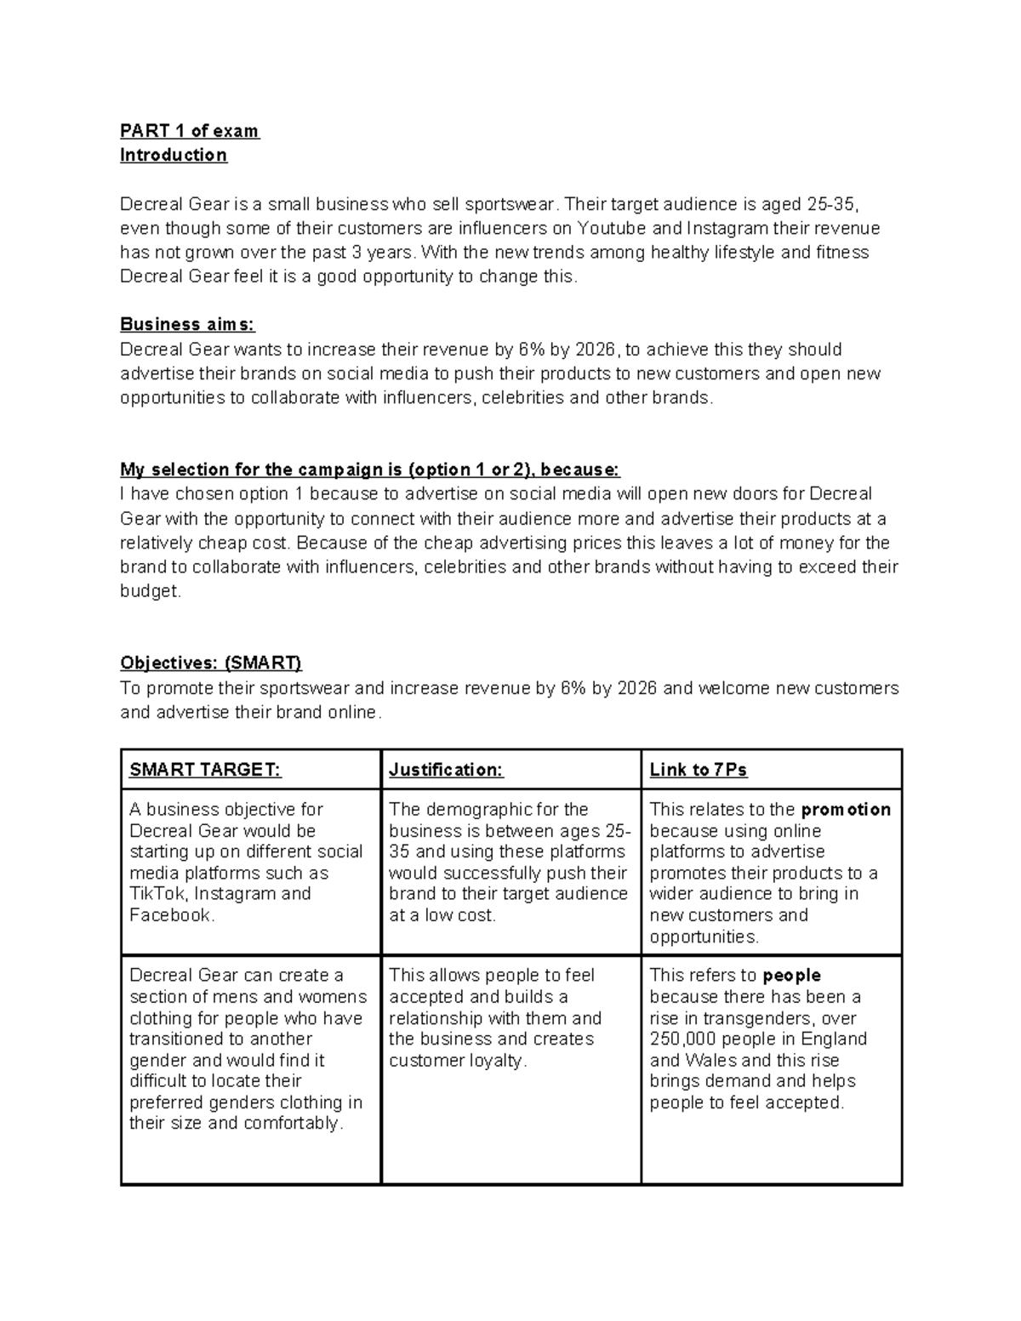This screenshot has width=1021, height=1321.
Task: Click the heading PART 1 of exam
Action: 189,131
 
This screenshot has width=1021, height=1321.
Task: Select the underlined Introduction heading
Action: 174,155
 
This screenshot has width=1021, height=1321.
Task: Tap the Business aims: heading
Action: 187,324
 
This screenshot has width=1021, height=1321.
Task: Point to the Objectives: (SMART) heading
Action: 211,663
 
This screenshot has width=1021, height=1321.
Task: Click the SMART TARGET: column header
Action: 204,770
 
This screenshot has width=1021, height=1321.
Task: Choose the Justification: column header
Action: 446,770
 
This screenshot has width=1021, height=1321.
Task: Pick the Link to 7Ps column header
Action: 698,770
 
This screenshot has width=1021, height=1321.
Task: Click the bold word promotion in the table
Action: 846,809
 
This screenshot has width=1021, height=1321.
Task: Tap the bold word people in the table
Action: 791,975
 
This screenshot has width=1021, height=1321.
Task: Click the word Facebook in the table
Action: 169,915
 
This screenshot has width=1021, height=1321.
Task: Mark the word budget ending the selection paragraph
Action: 149,591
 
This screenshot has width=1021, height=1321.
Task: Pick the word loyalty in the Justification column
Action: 493,1060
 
